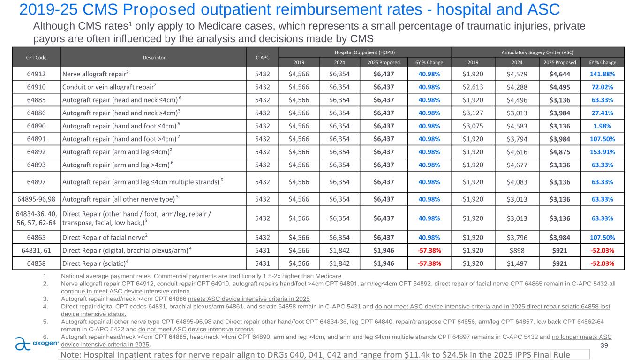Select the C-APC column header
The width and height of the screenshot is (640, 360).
click(x=263, y=58)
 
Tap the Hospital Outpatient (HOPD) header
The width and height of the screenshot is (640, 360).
click(x=364, y=52)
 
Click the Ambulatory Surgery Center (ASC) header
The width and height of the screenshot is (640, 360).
click(x=538, y=52)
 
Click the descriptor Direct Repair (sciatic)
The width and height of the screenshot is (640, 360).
click(x=95, y=262)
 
